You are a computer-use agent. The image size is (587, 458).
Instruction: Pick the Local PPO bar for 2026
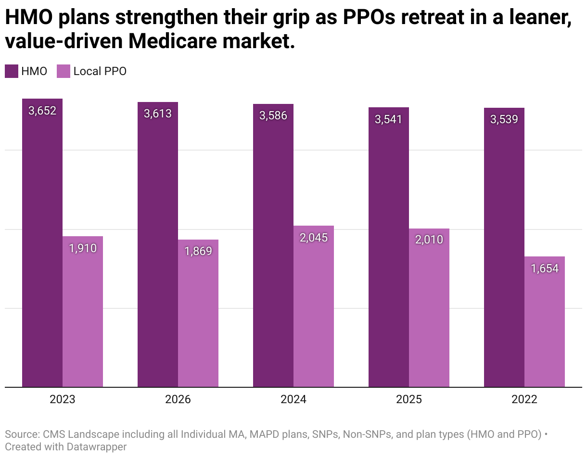pyautogui.click(x=198, y=313)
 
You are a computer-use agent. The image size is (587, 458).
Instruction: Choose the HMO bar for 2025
pyautogui.click(x=389, y=247)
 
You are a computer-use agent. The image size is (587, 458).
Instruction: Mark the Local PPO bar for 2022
pyautogui.click(x=545, y=322)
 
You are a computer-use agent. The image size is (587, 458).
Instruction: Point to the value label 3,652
pyautogui.click(x=42, y=111)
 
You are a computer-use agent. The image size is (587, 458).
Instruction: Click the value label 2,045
pyautogui.click(x=314, y=238)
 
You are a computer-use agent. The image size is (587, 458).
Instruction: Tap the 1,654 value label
pyautogui.click(x=545, y=268)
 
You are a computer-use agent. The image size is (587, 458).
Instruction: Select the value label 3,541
pyautogui.click(x=389, y=119)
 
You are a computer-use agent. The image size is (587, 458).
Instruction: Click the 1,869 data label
pyautogui.click(x=198, y=251)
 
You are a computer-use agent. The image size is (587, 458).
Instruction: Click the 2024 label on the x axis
pyautogui.click(x=293, y=399)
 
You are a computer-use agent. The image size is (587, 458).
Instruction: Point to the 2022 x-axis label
pyautogui.click(x=524, y=399)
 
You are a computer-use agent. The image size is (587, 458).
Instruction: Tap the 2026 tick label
pyautogui.click(x=178, y=399)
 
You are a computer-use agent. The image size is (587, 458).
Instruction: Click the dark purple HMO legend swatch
pyautogui.click(x=12, y=71)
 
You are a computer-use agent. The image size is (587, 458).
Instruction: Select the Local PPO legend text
pyautogui.click(x=100, y=71)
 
